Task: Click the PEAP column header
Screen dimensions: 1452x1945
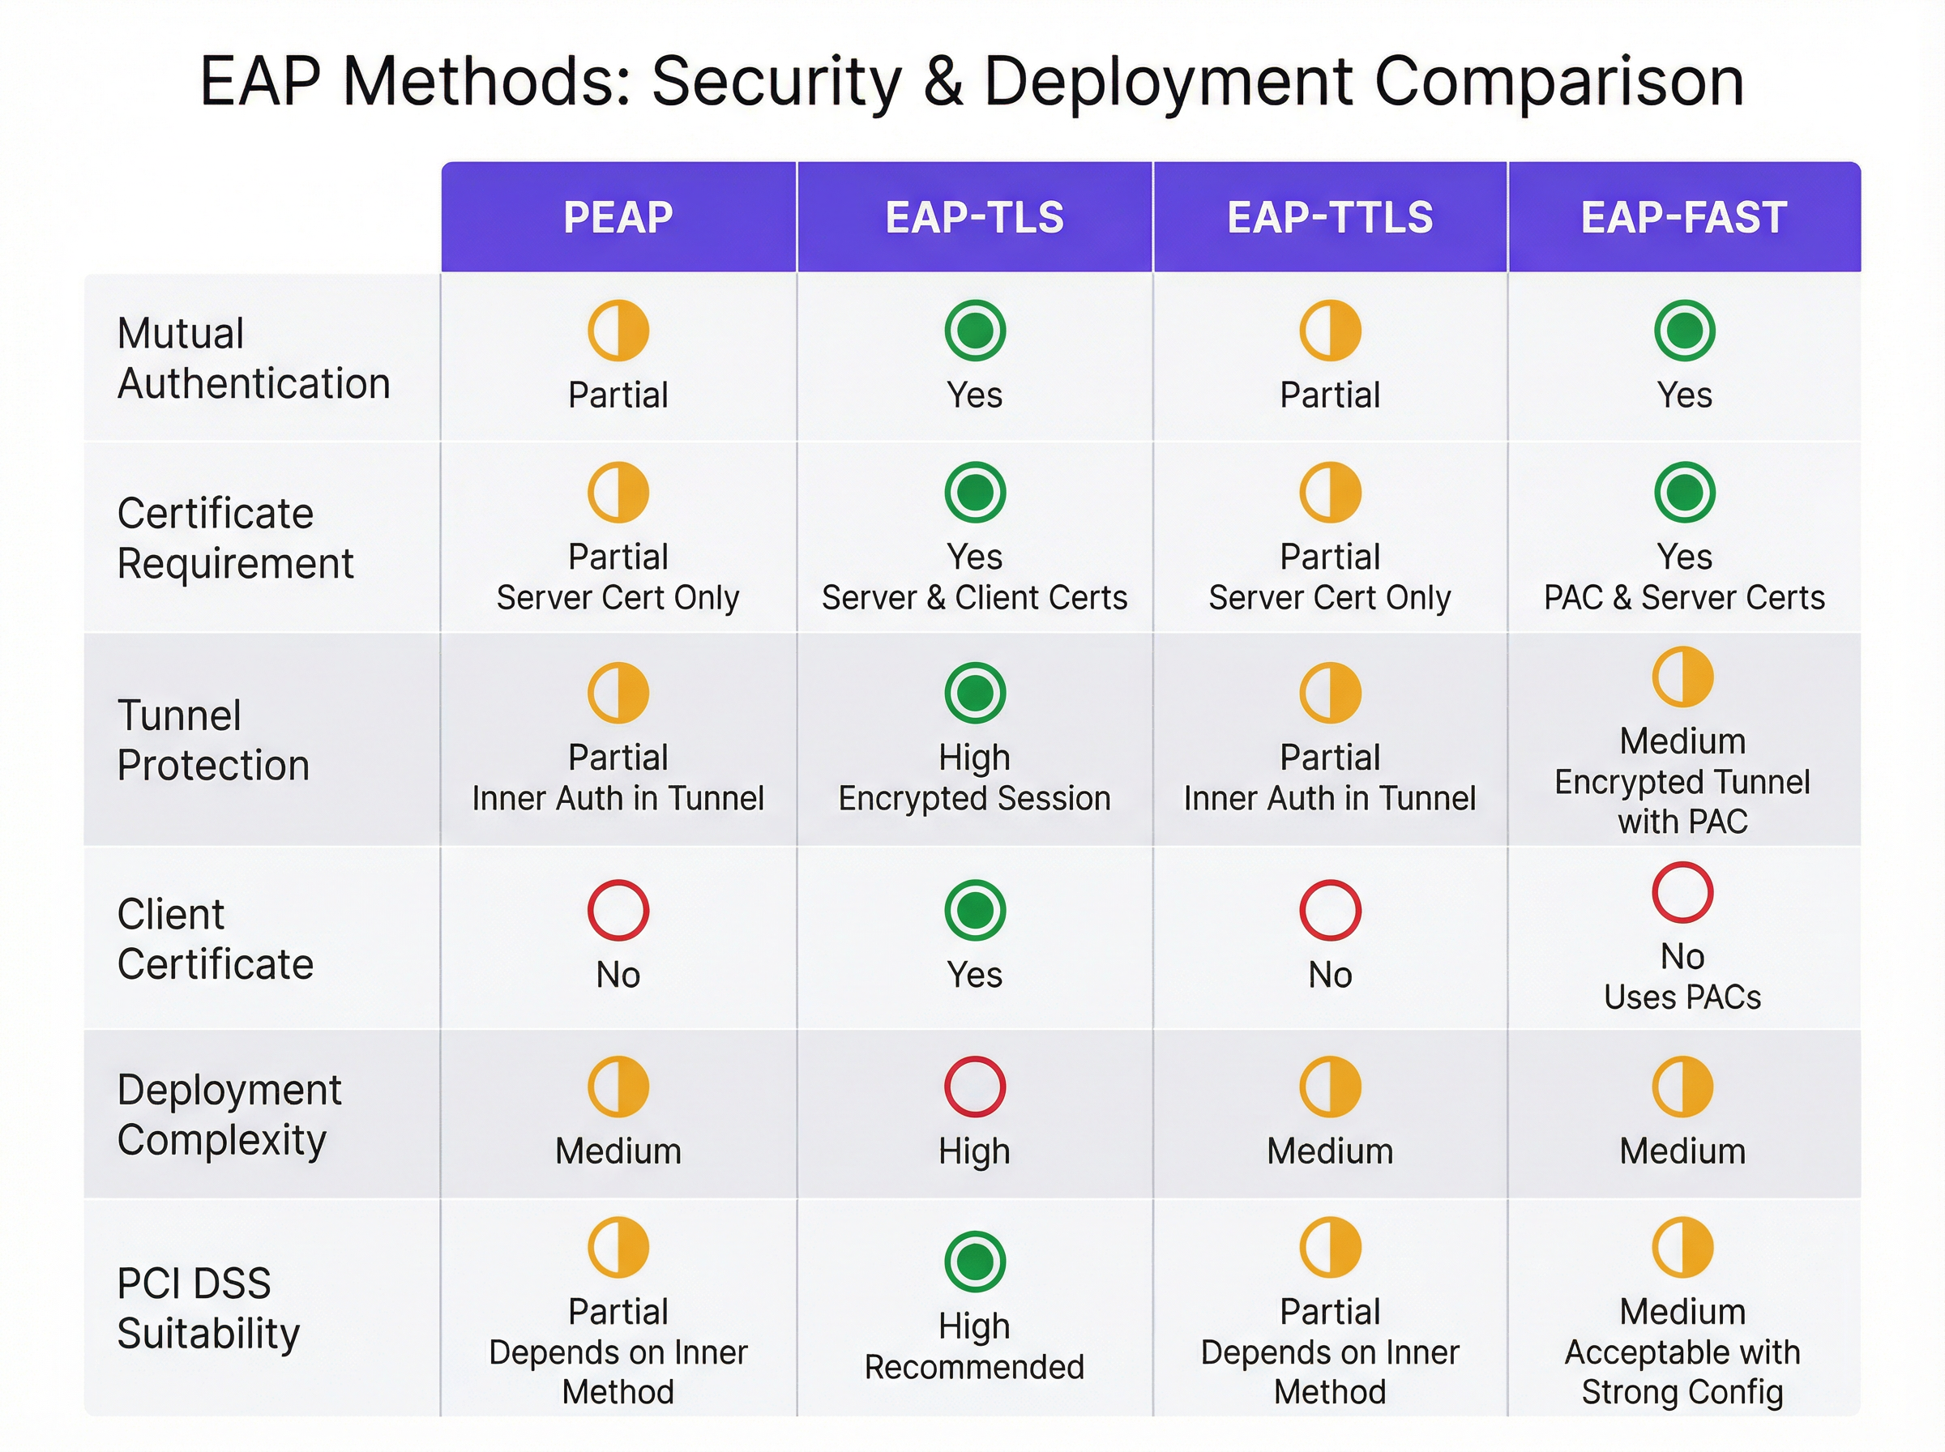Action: click(618, 217)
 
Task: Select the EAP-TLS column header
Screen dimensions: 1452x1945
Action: click(974, 217)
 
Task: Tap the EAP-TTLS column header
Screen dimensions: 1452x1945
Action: click(1330, 217)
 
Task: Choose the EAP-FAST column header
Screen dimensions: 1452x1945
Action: click(1683, 217)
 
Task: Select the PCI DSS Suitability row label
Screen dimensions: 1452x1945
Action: click(207, 1308)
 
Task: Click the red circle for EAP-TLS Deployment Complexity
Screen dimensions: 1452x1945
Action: click(975, 1087)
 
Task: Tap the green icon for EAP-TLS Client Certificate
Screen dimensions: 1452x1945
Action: click(975, 910)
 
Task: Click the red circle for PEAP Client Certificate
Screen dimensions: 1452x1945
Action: click(618, 910)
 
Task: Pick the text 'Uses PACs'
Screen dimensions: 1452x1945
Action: click(1682, 997)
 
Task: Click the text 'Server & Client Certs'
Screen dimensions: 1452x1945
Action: click(974, 598)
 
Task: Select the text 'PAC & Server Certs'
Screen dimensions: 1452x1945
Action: click(1684, 598)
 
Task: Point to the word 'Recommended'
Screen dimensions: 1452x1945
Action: click(974, 1367)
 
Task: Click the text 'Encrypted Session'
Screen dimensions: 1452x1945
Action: click(974, 798)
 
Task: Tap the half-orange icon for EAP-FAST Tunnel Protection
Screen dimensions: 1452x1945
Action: click(1682, 677)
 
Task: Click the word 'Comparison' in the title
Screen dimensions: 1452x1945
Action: click(1558, 81)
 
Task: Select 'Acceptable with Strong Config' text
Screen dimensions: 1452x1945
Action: click(1682, 1372)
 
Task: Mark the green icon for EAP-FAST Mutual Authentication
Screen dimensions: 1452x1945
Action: click(1684, 331)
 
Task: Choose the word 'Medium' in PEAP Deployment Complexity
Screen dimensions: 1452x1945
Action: click(618, 1151)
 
